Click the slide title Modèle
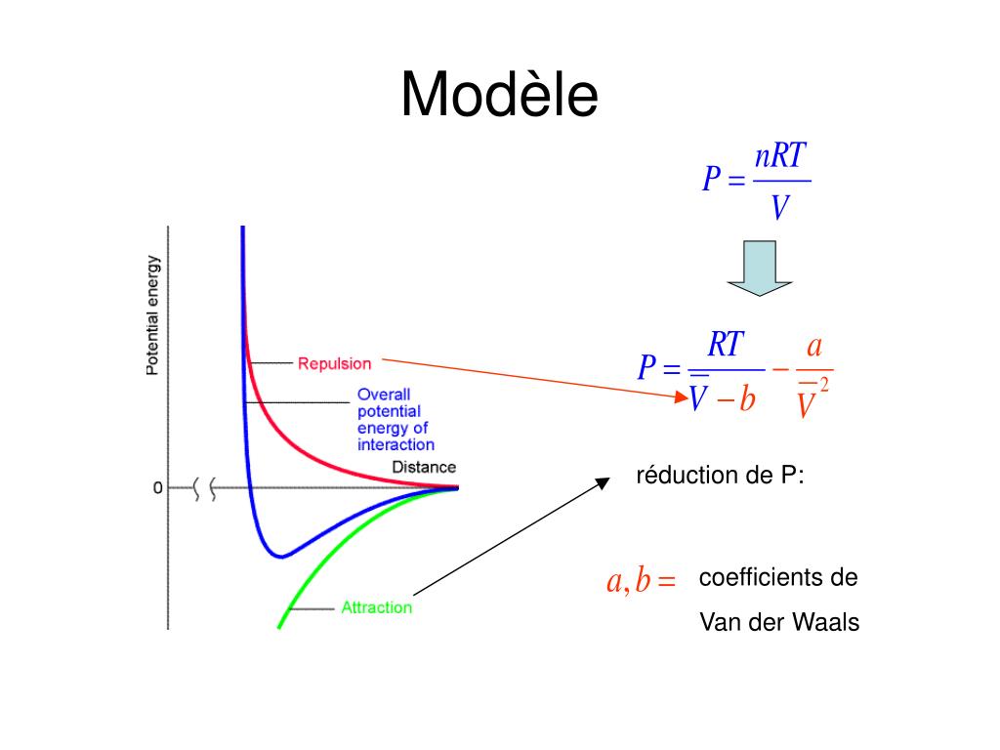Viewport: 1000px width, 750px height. (499, 96)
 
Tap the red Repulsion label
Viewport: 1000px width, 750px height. (334, 363)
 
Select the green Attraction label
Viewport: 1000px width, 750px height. (376, 607)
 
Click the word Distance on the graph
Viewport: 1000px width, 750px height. (424, 467)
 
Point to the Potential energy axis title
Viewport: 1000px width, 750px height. (152, 315)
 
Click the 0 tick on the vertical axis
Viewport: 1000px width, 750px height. (157, 487)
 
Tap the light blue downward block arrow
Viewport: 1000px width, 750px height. (759, 269)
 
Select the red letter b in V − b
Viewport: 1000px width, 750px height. (747, 399)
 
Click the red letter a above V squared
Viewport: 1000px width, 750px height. (814, 347)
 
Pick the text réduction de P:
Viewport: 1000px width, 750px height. (721, 476)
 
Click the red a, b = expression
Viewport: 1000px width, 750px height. (642, 582)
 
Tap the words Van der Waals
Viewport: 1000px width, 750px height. (779, 622)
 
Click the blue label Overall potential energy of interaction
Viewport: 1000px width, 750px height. (394, 420)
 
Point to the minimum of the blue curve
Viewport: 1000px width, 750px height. (281, 557)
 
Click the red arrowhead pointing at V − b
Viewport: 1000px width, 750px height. (682, 396)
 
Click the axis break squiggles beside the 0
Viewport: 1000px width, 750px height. (206, 487)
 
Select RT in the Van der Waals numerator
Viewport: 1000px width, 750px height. (726, 345)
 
